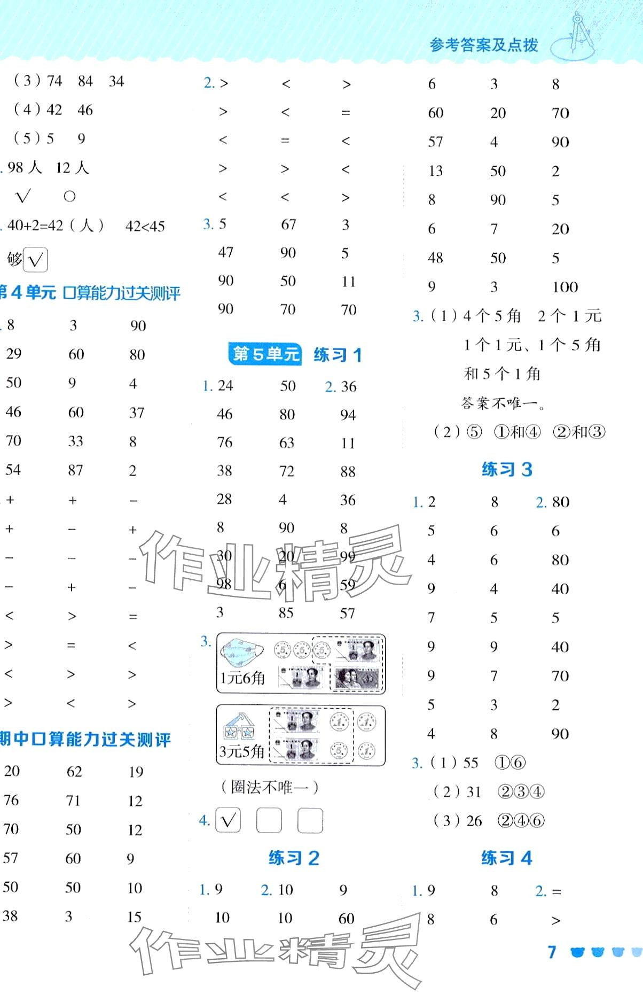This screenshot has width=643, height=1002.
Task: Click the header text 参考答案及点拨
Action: point(483,45)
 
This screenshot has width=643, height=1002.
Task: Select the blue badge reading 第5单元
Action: point(265,354)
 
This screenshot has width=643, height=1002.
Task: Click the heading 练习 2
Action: point(294,858)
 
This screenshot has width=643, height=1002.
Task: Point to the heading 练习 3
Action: point(506,469)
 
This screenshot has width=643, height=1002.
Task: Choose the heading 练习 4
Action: point(506,858)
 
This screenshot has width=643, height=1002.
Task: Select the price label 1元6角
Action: point(242,678)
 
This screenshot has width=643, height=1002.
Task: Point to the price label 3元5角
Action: point(242,751)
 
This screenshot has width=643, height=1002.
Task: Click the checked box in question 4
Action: point(228,820)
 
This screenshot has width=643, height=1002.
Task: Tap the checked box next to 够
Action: point(36,260)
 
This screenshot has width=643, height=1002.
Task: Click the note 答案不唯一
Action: point(503,402)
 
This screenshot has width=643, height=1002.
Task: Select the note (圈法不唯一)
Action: point(270,787)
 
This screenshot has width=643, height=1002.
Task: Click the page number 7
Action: point(552,951)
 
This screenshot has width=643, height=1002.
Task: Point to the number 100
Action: point(565,287)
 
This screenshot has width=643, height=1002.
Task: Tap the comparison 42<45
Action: point(145,226)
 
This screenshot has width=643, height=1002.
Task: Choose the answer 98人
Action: point(25,168)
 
